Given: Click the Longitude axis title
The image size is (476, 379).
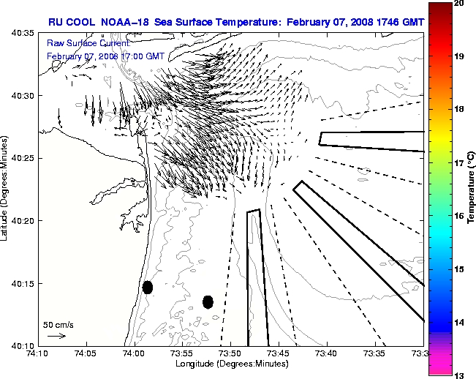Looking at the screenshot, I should pos(230,364).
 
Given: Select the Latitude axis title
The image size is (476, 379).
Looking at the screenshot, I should pos(7,189).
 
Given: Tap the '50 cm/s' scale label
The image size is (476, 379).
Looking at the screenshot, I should pos(58,325).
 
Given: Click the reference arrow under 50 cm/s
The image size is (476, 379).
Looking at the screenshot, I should pos(56,336).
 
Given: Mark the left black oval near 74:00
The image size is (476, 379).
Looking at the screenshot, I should pos(148,287).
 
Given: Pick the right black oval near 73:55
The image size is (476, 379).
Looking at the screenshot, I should pos(208,301).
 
